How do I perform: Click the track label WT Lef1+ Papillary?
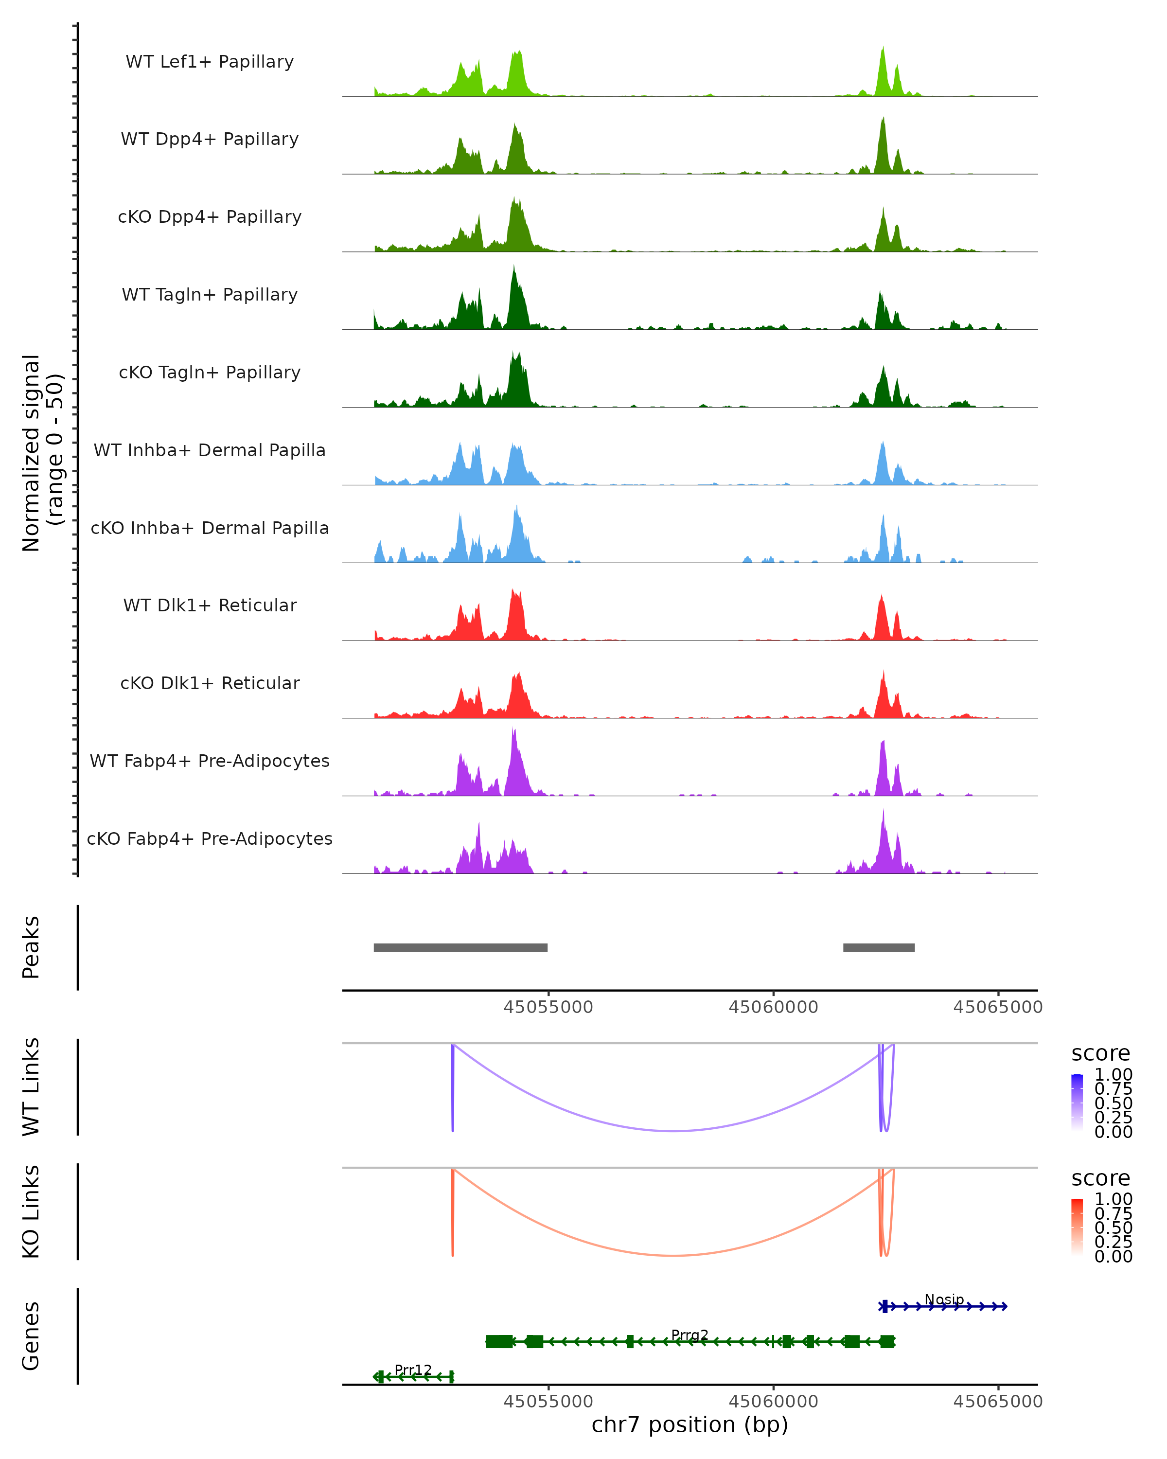tap(210, 62)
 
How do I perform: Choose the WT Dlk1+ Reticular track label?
tap(210, 605)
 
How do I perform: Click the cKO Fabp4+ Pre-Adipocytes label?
tap(210, 838)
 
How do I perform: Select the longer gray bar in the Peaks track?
tap(460, 947)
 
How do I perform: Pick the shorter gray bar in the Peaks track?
tap(879, 947)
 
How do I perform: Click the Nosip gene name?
tap(944, 1299)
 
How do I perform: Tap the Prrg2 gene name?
tap(690, 1334)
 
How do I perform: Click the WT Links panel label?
tap(31, 1087)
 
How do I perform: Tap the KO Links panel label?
tap(31, 1211)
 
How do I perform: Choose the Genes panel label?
tap(31, 1336)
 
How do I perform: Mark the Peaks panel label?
tap(31, 947)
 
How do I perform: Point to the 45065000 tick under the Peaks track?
tap(998, 1007)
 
